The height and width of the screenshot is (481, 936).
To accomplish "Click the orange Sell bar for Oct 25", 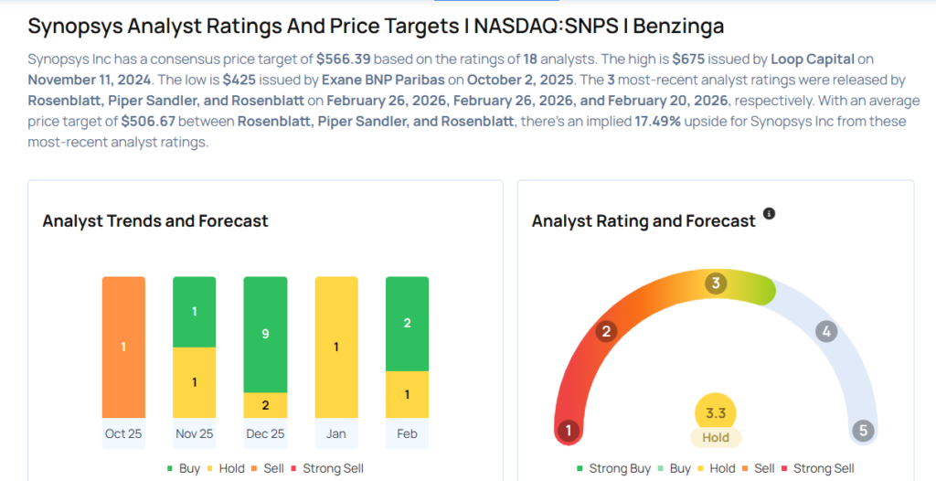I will click(123, 347).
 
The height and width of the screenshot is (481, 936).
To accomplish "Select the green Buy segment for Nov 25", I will click(194, 312).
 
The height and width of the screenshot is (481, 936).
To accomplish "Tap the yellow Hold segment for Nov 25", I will click(194, 382).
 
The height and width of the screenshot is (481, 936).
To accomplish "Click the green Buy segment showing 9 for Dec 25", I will click(265, 334).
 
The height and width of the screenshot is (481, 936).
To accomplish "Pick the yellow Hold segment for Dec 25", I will click(265, 405).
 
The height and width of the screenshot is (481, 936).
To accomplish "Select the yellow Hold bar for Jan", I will click(336, 347).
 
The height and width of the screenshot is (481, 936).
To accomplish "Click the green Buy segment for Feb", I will click(407, 324).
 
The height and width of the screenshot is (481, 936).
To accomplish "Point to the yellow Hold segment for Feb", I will click(407, 394).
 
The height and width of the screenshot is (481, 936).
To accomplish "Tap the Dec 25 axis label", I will click(265, 433).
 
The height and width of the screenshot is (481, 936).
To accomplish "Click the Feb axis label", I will click(407, 433).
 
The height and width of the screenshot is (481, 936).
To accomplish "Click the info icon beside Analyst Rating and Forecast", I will click(769, 214).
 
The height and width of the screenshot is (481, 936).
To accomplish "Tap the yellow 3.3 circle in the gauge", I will click(716, 414).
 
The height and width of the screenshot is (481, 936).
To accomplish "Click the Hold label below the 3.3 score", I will click(716, 438).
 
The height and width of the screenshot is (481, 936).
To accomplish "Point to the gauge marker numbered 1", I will click(569, 431).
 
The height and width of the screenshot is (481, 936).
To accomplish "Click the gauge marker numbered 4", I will click(826, 332).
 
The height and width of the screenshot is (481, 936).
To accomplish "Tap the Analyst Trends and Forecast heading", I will click(155, 221).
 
